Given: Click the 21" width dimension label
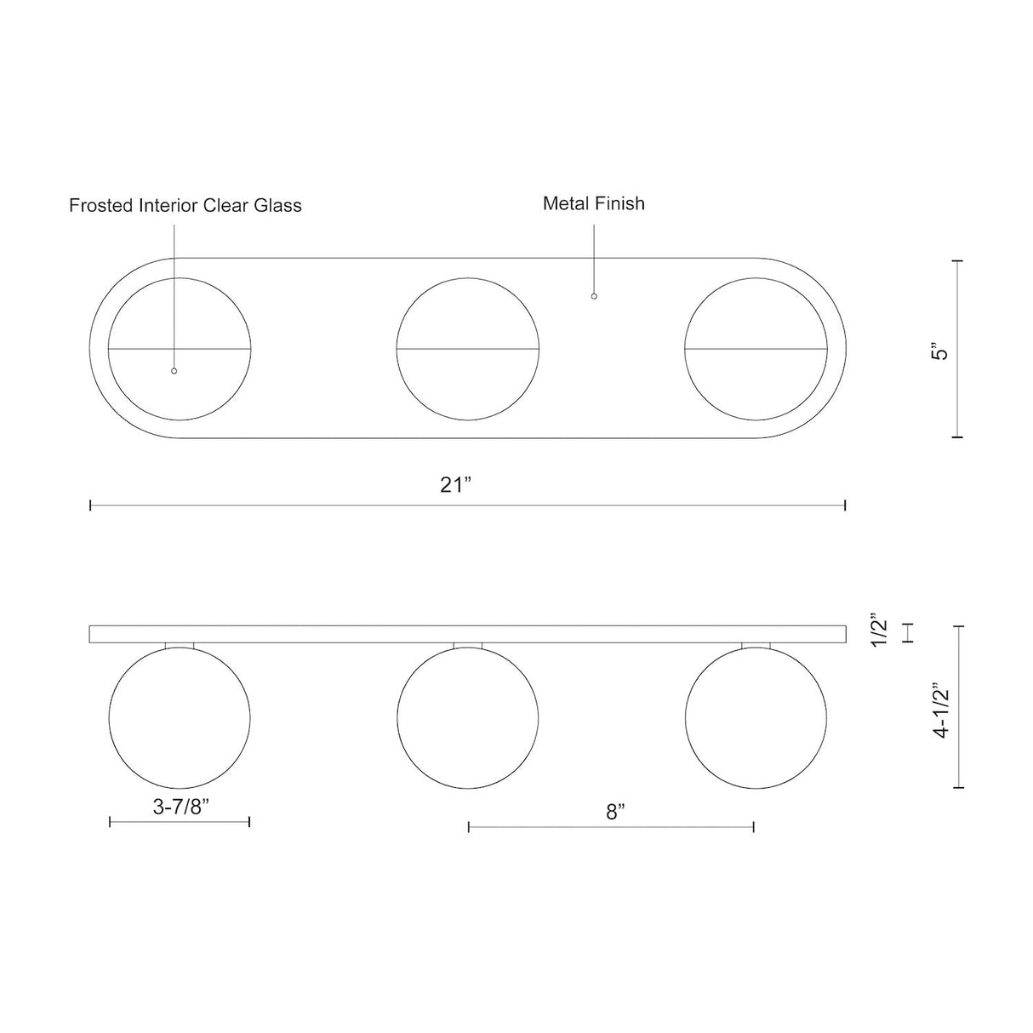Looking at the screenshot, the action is click(x=455, y=485).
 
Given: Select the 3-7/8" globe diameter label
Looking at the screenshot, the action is click(x=180, y=807).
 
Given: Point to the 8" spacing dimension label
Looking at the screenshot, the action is click(x=616, y=812).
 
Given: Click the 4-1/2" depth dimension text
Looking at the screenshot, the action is click(x=941, y=711).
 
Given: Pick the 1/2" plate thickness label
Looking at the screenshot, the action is click(x=880, y=630).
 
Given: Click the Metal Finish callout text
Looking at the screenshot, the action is click(x=593, y=203).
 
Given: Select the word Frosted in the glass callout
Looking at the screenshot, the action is click(x=101, y=205).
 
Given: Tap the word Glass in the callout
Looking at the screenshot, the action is click(x=277, y=205).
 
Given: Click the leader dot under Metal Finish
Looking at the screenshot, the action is click(x=593, y=296).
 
